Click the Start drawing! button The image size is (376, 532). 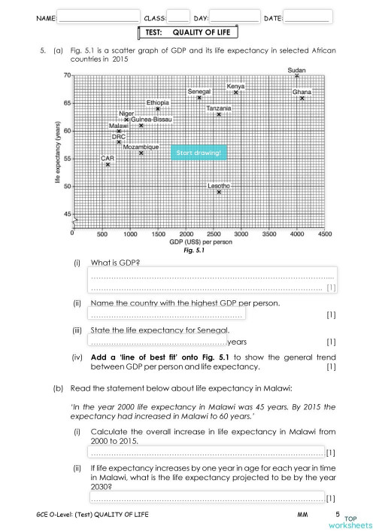click(x=198, y=153)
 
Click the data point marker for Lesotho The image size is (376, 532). click(x=219, y=192)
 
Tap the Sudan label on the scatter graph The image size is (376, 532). click(x=297, y=70)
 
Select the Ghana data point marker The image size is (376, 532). click(x=302, y=99)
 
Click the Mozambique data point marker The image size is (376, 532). click(x=141, y=153)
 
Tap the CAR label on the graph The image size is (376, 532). click(x=108, y=158)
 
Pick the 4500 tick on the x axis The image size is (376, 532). click(x=325, y=235)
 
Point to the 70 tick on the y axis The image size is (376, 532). click(x=67, y=75)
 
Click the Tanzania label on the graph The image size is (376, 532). click(x=219, y=108)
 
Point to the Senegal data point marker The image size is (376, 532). click(x=199, y=98)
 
